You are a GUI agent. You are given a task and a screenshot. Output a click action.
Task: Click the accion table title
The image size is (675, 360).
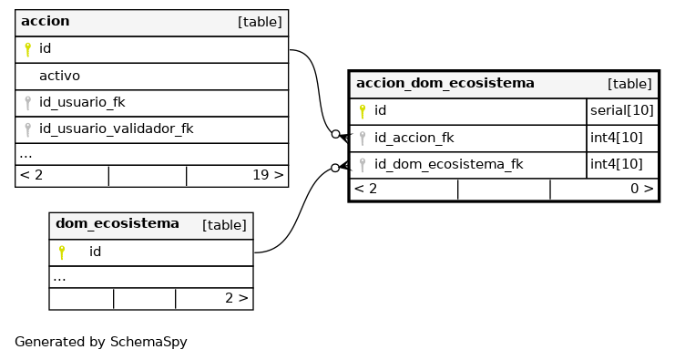pos(46,21)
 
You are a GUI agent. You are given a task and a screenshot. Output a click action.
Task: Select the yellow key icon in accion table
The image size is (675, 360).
pos(27,49)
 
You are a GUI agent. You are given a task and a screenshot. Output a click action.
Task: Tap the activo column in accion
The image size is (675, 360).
pos(59,76)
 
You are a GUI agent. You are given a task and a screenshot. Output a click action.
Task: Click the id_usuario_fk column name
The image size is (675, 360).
pos(82,102)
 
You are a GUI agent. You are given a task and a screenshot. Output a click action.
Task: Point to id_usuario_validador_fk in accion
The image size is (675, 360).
pos(117,129)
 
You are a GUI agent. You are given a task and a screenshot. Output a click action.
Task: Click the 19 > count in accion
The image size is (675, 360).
pos(268,175)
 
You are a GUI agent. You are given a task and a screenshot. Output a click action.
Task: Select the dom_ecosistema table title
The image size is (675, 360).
pos(118,223)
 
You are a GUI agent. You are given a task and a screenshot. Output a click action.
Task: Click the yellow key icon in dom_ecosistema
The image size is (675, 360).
pos(62,252)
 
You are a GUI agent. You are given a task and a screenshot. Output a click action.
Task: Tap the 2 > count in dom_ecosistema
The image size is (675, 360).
pos(236,298)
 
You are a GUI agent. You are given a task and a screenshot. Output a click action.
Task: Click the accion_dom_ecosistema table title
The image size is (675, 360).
pos(445,83)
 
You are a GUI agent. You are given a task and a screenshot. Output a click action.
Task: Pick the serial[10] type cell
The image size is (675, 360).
pos(622,110)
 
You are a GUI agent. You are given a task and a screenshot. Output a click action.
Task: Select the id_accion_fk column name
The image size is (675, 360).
pos(414,138)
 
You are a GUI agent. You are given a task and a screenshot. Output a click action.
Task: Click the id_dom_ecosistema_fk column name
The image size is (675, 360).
pos(448,164)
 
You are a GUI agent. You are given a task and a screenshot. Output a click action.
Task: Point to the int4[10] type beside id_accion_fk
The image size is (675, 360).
pos(617,138)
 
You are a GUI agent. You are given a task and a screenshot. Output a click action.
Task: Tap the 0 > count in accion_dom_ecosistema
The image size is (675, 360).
pos(642,189)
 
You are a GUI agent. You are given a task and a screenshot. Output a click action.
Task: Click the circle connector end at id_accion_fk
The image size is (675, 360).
pos(336,134)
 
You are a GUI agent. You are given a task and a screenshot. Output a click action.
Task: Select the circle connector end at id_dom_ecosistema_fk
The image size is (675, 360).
pos(335,168)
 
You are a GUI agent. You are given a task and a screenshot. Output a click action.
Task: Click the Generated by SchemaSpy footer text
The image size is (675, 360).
pos(101,342)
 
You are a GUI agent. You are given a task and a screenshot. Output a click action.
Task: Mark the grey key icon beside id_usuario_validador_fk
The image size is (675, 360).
pos(27,129)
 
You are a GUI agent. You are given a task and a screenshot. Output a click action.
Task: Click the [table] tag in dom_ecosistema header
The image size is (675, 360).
pos(224,225)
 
